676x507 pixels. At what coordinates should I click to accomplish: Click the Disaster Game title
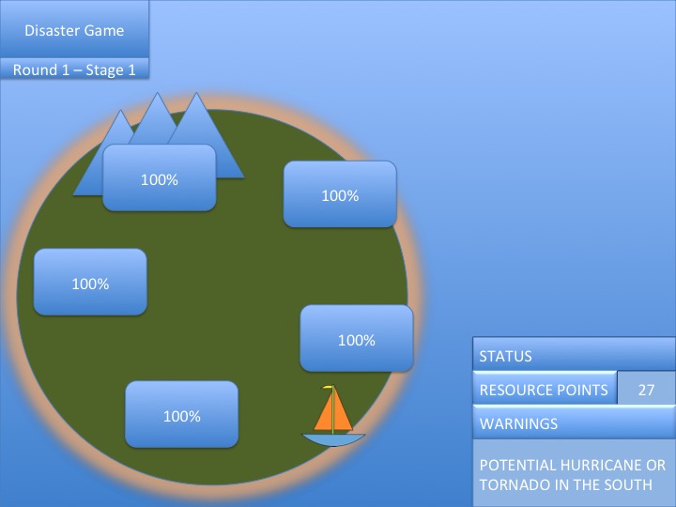[74, 29]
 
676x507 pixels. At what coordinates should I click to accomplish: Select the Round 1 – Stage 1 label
[74, 69]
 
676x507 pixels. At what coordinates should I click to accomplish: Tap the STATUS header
[506, 357]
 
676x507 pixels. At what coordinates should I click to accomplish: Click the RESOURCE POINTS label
[544, 391]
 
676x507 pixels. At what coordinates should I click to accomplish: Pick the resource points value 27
[646, 391]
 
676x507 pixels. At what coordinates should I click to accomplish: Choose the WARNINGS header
[518, 424]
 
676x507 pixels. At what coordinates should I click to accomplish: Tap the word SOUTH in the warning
[628, 484]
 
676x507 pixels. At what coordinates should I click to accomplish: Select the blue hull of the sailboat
[332, 439]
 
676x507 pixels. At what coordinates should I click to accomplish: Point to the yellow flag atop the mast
[328, 388]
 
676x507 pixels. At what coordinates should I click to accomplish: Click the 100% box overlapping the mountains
[160, 178]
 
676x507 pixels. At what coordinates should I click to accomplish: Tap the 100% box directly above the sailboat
[356, 340]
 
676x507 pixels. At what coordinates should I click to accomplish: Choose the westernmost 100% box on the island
[90, 283]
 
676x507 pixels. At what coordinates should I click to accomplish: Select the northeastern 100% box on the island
[340, 195]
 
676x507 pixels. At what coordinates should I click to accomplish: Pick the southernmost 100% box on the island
[181, 416]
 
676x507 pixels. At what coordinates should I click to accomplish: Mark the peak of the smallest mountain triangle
[120, 113]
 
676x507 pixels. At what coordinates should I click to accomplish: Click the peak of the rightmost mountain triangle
[197, 95]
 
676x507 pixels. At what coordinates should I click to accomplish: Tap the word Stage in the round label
[104, 69]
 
